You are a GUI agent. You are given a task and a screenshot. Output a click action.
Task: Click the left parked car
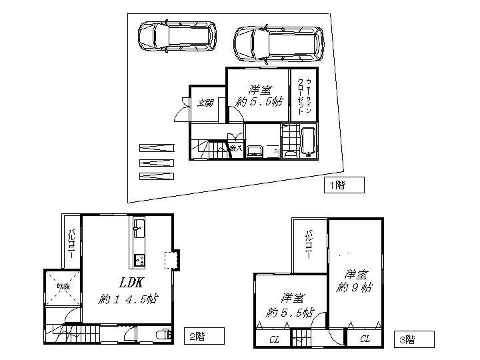[x=177, y=37]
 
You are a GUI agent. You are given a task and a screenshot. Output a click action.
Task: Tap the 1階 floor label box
[x=344, y=185]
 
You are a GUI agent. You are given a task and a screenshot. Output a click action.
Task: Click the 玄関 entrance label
[x=205, y=103]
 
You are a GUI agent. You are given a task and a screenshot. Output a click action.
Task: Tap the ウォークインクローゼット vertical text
[x=305, y=94]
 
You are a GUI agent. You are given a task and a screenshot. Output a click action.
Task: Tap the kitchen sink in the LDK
[x=139, y=231]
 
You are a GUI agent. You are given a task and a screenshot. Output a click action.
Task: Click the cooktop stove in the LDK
[x=139, y=259]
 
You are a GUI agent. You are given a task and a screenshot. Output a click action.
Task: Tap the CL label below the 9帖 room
[x=365, y=339]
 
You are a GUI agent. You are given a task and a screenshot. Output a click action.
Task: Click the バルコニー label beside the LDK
[x=71, y=240]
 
